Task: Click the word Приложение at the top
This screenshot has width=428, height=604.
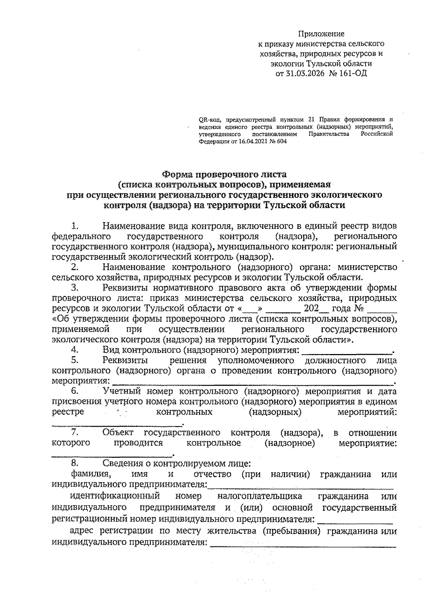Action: point(321,34)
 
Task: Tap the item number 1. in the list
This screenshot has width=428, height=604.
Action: point(75,226)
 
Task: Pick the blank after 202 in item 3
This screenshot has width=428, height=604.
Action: point(322,309)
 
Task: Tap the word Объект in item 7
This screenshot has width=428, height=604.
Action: point(118,433)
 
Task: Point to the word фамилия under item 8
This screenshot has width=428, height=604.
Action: point(89,475)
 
